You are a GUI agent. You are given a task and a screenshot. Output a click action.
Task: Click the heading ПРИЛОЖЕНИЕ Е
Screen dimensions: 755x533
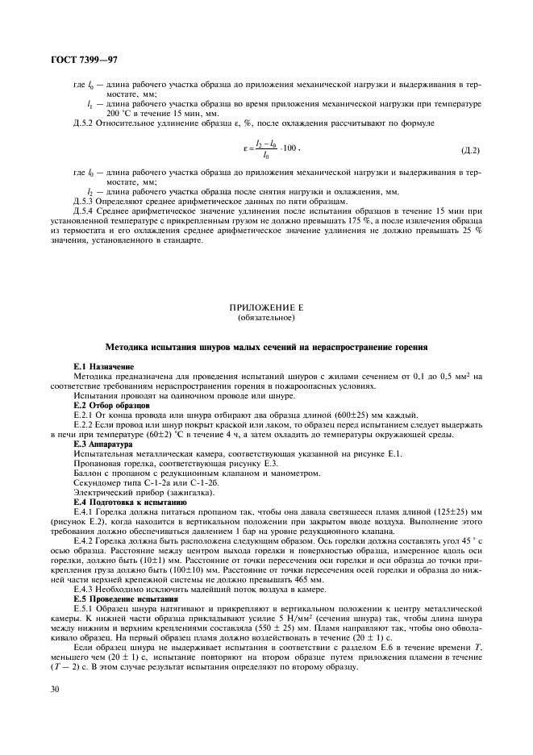click(266, 307)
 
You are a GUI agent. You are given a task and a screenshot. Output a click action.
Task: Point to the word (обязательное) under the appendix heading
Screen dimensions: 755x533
click(266, 317)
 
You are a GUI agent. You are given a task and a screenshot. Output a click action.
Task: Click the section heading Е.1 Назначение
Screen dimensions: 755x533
click(100, 367)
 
